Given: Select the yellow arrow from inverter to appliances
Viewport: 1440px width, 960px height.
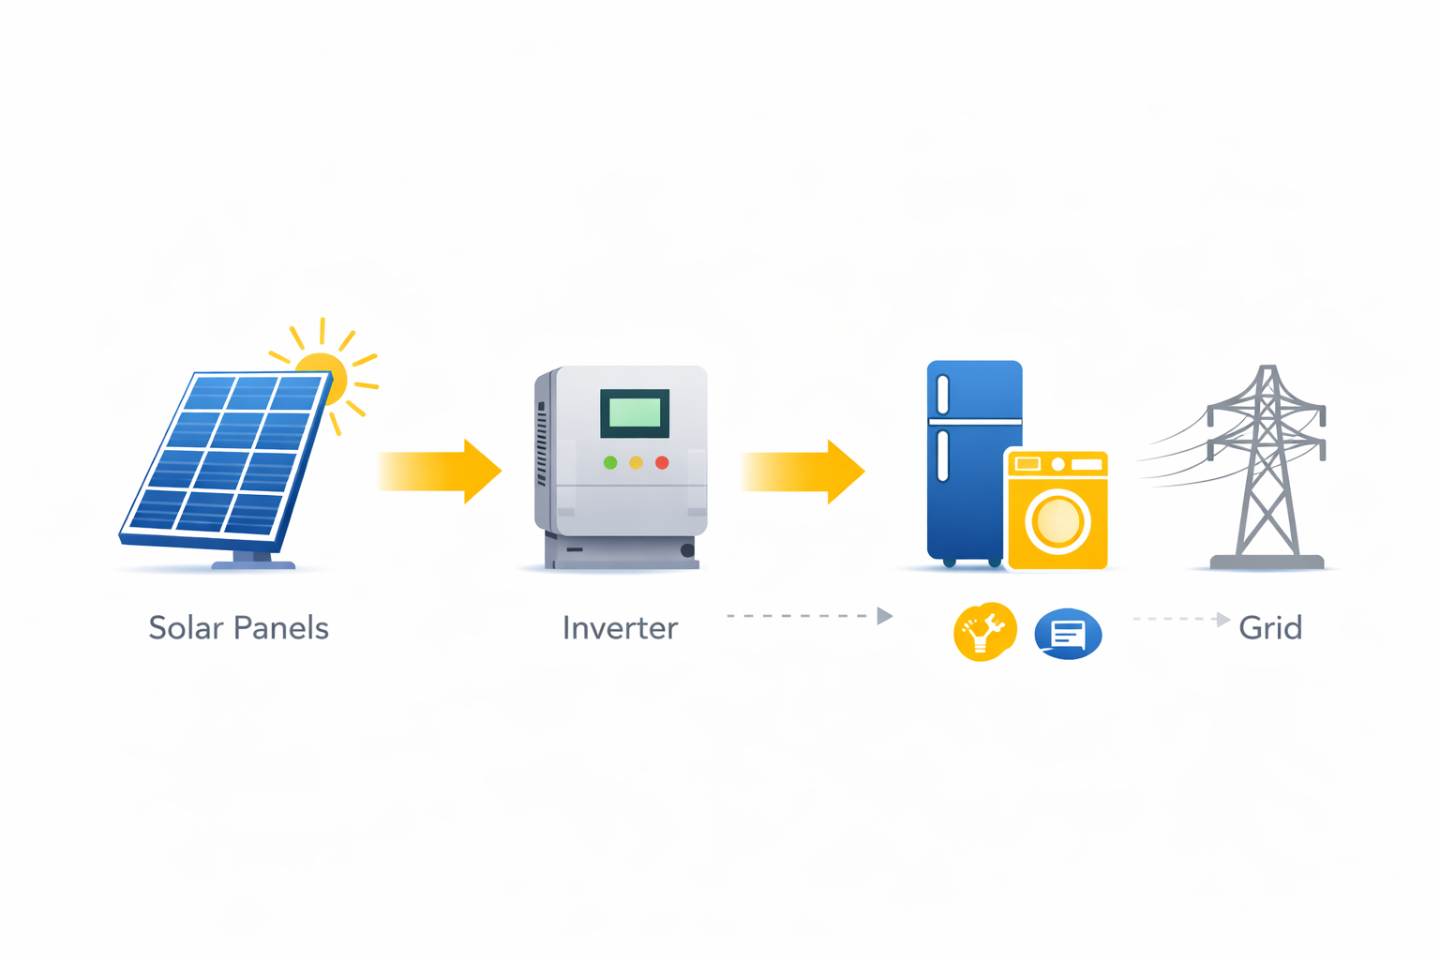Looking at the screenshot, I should click(802, 471).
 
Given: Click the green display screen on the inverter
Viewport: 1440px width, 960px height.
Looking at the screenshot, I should click(635, 413).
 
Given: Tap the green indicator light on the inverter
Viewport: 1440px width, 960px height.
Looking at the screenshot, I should click(610, 463).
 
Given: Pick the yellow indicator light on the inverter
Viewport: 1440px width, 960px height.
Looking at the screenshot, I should click(636, 463).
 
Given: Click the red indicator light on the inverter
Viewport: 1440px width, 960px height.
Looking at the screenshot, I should click(662, 463).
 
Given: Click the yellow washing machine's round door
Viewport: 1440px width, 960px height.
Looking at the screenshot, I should click(1057, 520).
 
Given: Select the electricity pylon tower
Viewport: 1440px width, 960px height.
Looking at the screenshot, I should click(1267, 469).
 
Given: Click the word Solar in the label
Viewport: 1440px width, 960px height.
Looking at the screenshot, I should click(186, 627).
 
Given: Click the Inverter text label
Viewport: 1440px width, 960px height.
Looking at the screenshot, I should click(620, 627).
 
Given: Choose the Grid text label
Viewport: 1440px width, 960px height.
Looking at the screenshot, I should click(1270, 627).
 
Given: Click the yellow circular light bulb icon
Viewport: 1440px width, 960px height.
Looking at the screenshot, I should click(983, 632).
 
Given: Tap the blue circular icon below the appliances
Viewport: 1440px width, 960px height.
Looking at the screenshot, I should click(1068, 634).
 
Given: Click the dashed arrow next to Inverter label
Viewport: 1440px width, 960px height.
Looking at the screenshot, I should click(808, 616).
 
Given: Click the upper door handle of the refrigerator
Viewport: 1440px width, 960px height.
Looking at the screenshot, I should click(943, 395).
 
